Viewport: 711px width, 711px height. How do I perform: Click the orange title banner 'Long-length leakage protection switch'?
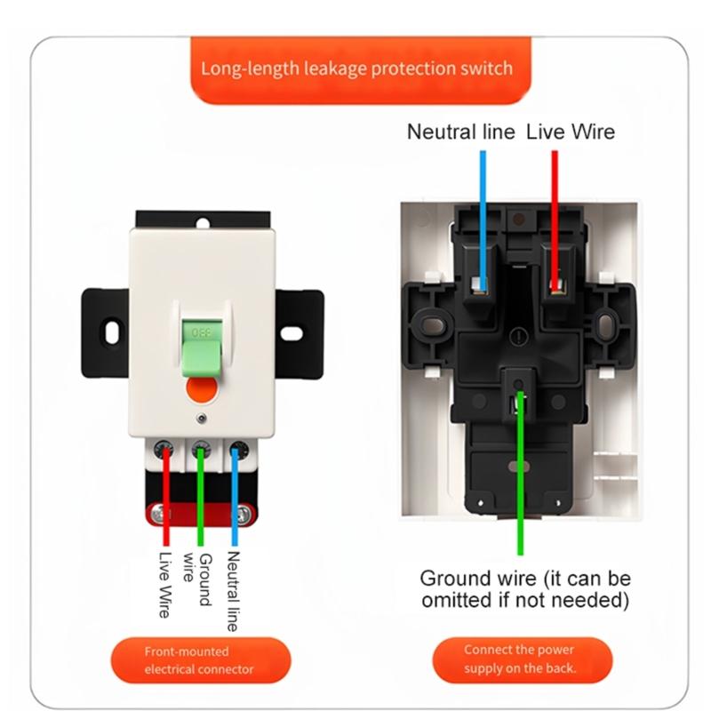(355, 68)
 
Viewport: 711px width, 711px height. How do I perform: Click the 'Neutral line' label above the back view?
(460, 132)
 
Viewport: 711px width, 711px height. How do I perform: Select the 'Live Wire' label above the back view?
(570, 132)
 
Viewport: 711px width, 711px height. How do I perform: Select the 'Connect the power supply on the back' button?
(520, 659)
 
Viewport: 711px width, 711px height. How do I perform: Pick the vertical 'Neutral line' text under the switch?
(233, 590)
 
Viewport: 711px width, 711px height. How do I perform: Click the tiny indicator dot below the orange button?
(202, 418)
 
